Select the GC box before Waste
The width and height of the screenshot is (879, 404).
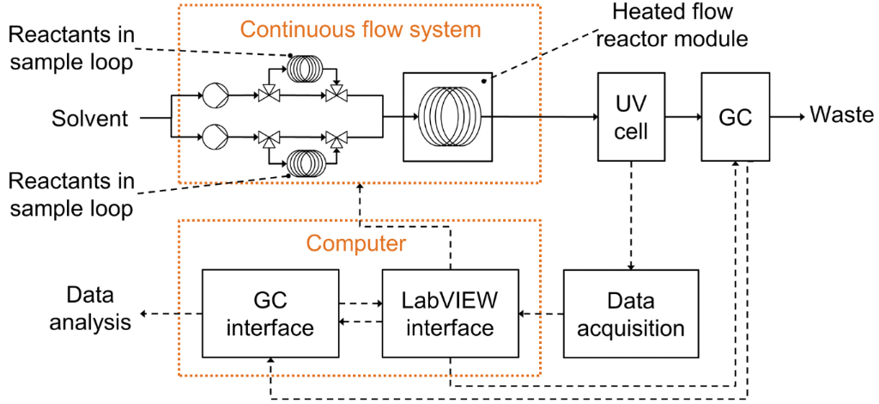click(x=735, y=117)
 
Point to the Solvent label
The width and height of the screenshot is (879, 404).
click(x=89, y=118)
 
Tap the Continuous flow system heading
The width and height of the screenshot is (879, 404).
click(x=360, y=30)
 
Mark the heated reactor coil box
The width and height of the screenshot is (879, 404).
click(x=448, y=117)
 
